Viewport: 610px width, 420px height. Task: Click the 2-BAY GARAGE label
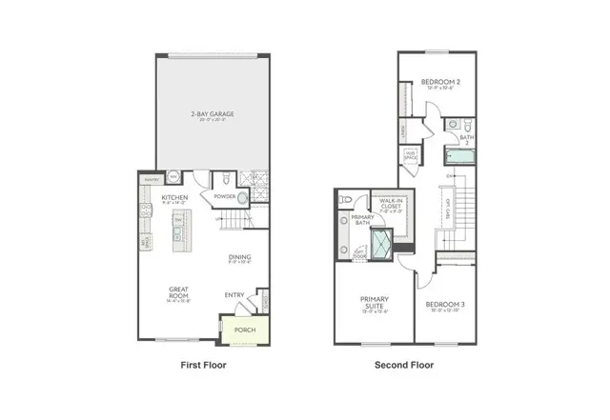212,114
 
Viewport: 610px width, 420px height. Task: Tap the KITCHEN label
173,198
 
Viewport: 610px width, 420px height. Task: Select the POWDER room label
224,197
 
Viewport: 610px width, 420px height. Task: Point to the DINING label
239,256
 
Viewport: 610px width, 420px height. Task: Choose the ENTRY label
234,295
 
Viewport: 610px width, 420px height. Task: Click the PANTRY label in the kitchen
151,178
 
